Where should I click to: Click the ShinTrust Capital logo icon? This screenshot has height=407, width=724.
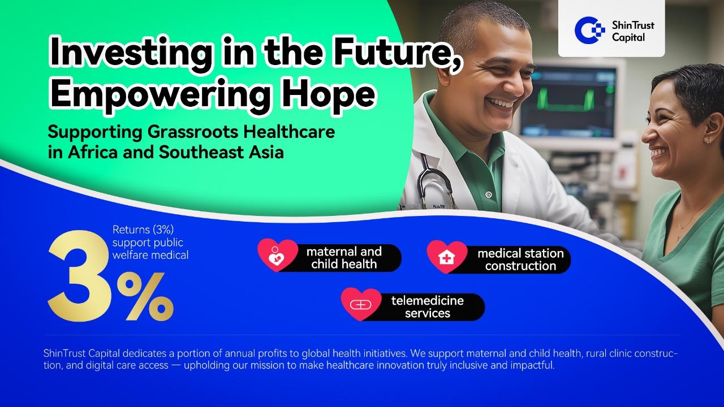(x=589, y=30)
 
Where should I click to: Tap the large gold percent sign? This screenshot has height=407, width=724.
(x=145, y=296)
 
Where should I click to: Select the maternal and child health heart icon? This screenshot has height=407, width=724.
(x=277, y=255)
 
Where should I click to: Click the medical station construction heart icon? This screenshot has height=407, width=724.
(x=447, y=257)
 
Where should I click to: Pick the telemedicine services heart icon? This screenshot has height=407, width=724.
(x=361, y=304)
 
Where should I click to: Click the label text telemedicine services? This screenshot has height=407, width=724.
(x=427, y=307)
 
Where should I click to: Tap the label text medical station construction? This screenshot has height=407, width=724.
(x=520, y=259)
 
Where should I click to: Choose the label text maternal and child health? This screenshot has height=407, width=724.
(x=344, y=258)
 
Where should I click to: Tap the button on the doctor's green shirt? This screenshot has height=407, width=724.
(x=489, y=194)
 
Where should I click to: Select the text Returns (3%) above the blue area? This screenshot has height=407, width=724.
(x=143, y=230)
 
